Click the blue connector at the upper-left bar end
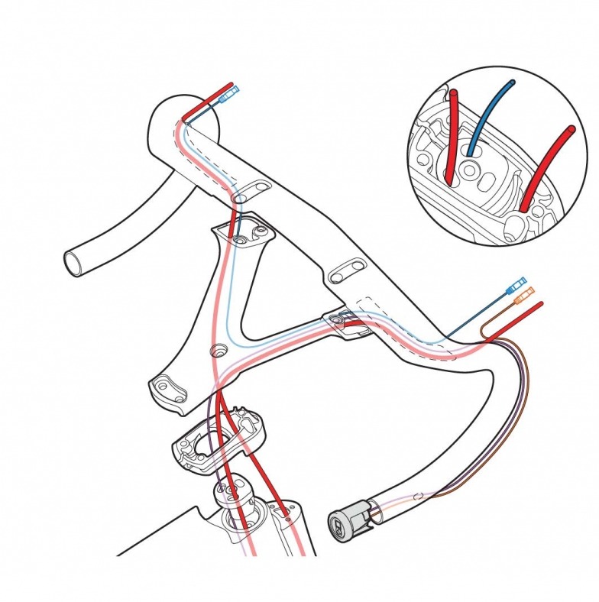(x=230, y=97)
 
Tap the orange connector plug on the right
(x=525, y=295)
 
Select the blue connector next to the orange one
(x=521, y=282)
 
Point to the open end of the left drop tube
(x=75, y=264)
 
